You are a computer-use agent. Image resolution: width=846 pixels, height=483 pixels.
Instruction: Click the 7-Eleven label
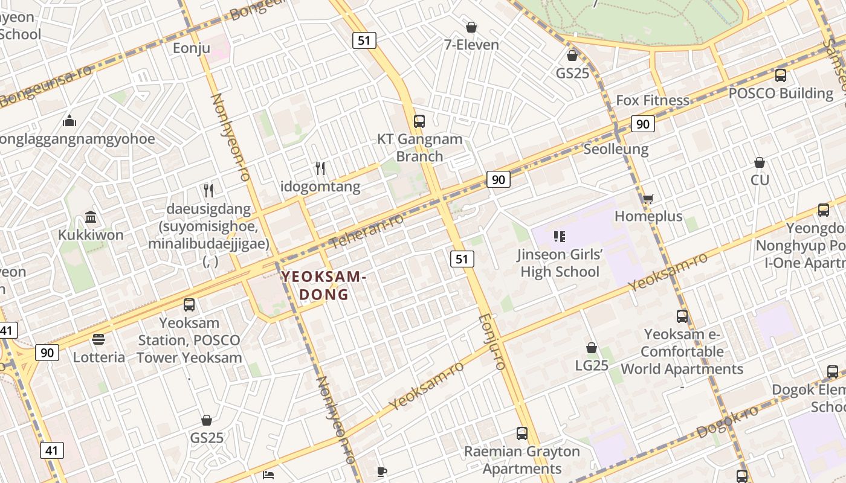click(x=471, y=45)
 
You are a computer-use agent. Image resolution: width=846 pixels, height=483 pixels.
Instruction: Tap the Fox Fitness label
click(x=652, y=100)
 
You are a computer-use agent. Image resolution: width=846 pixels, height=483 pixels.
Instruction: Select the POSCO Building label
click(x=781, y=94)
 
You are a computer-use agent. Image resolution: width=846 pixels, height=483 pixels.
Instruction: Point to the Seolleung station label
click(x=616, y=149)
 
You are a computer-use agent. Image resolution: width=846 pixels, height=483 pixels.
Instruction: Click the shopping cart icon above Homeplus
click(x=648, y=199)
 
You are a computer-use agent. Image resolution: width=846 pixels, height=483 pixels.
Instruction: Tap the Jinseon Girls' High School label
click(x=560, y=263)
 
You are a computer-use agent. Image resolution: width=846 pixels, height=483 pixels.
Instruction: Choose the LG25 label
click(x=592, y=365)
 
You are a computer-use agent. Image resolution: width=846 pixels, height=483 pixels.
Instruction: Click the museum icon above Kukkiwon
click(x=91, y=217)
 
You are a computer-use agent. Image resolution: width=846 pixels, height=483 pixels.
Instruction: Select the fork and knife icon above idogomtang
click(x=320, y=168)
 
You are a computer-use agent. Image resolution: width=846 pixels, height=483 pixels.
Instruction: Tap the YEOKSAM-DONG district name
click(x=323, y=286)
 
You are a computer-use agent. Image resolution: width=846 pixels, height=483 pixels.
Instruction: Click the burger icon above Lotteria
click(x=98, y=340)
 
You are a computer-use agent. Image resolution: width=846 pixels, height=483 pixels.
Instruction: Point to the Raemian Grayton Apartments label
click(x=521, y=460)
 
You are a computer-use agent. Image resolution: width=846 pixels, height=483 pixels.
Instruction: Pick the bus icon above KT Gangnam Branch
click(x=419, y=121)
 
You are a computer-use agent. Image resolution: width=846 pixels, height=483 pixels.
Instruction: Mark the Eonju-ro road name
click(x=491, y=341)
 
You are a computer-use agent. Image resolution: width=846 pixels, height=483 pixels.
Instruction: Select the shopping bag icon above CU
click(x=760, y=163)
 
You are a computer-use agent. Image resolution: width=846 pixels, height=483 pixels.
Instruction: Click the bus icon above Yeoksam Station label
click(x=189, y=305)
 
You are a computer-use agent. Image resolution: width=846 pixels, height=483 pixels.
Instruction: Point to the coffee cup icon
click(x=381, y=472)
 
